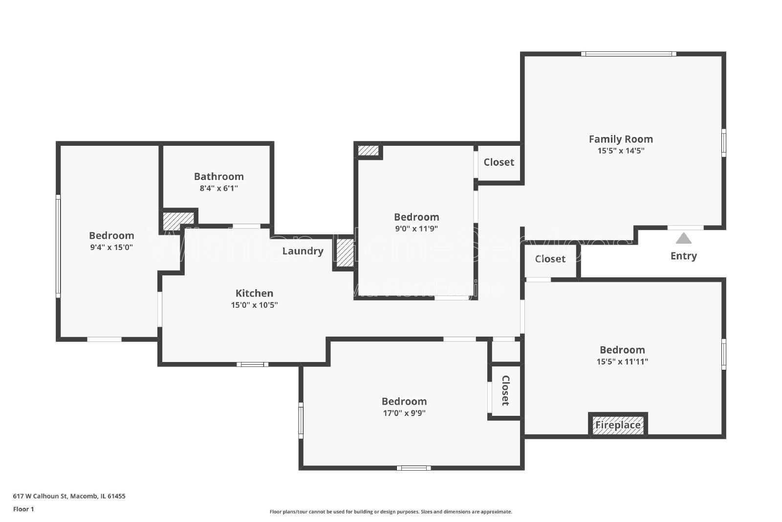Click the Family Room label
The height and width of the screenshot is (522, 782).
click(621, 139)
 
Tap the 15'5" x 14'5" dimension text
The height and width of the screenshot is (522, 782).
click(621, 151)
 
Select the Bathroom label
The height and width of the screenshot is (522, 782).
click(218, 177)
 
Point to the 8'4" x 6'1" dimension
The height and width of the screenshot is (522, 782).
click(218, 188)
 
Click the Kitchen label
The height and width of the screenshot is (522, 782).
click(254, 294)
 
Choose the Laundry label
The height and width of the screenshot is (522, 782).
click(303, 251)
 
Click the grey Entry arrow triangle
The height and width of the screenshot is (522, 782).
click(683, 239)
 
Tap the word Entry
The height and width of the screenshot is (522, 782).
click(683, 256)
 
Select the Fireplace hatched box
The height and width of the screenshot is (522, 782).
click(618, 425)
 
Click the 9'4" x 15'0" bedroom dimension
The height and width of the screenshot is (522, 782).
click(111, 248)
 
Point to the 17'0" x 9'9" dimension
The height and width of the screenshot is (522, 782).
click(404, 413)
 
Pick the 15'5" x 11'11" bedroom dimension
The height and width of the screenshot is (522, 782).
click(622, 362)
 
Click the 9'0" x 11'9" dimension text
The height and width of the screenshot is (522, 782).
click(416, 228)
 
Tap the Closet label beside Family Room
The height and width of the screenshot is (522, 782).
click(499, 162)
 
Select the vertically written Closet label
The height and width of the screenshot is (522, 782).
click(505, 390)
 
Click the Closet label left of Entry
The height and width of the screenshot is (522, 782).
click(550, 259)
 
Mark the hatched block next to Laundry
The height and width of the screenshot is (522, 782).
click(345, 252)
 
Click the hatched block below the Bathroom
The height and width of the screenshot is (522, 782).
click(177, 221)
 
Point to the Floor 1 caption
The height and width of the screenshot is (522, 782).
click(23, 509)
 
